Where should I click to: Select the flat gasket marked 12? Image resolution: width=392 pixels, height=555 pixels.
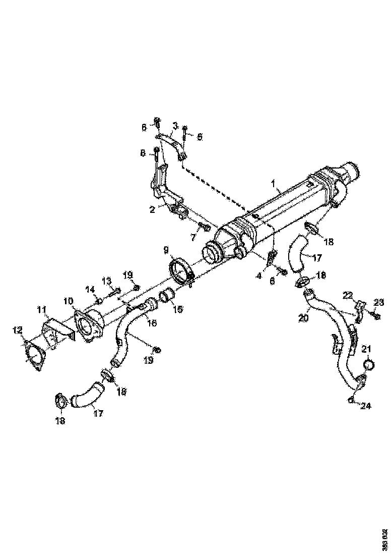click(34, 354)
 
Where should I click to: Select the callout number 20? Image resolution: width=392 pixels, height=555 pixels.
click(303, 318)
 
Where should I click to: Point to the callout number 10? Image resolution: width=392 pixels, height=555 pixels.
click(69, 301)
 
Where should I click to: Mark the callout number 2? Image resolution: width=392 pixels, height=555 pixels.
click(152, 209)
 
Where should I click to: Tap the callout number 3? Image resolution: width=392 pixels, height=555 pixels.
click(175, 125)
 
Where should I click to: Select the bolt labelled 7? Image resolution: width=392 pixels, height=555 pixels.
click(203, 229)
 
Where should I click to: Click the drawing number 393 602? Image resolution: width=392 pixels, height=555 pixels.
click(384, 539)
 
